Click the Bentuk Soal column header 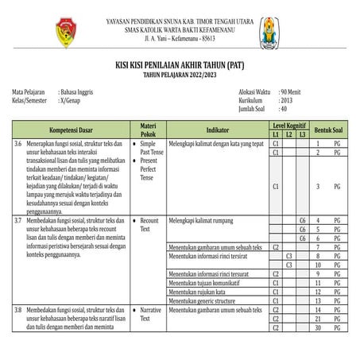point(327,128)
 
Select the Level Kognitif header point(288,125)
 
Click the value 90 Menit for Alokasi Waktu point(292,93)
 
